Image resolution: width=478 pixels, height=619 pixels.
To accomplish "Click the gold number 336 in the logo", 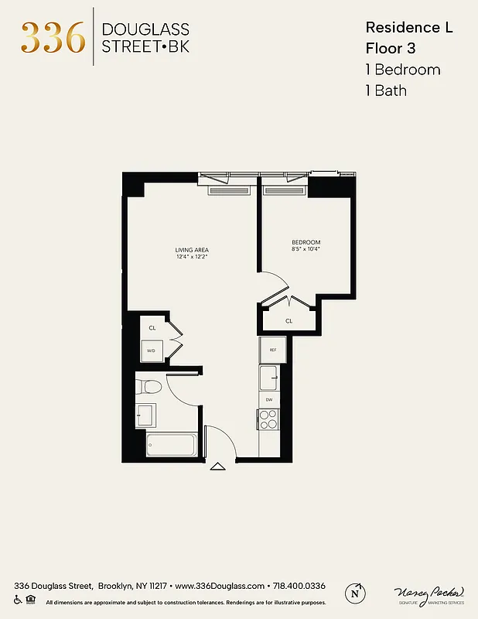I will [53, 36].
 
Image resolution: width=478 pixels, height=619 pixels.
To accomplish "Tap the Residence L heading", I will [408, 27].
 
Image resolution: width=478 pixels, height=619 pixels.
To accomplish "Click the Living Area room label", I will [192, 250].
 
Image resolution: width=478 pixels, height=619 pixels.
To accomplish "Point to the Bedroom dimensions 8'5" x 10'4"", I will [306, 249].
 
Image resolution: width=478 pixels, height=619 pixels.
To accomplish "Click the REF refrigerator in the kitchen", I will [273, 350].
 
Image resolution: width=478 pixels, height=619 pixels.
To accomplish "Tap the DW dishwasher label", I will [269, 399].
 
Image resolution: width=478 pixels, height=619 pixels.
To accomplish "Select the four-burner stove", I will [268, 419].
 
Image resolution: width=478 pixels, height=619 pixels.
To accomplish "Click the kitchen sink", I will [269, 379].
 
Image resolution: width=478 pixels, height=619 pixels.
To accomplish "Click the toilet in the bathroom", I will [150, 386].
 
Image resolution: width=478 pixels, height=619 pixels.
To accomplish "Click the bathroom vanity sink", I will [145, 415].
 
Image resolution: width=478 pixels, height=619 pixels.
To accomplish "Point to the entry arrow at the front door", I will [217, 466].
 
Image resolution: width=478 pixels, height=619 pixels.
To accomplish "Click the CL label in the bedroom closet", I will [289, 320].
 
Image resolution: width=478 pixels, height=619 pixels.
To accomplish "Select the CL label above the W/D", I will [152, 328].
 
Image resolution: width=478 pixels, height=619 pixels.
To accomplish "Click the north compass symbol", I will [356, 592].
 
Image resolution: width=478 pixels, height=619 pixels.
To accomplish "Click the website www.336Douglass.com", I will [215, 586].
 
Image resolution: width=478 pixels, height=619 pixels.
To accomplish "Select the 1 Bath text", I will [386, 91].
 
